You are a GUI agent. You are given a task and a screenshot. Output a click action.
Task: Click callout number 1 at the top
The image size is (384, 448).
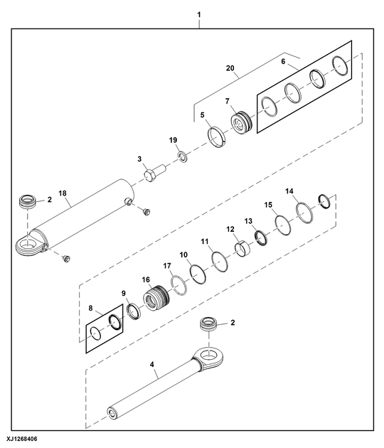(199, 14)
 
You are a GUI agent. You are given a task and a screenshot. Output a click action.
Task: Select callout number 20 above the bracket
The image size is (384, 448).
(230, 68)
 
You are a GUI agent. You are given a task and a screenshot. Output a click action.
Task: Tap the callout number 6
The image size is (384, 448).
(283, 62)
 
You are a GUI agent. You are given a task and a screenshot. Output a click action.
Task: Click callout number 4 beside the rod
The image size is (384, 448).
(151, 368)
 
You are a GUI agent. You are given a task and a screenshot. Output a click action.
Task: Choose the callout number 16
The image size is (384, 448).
(146, 279)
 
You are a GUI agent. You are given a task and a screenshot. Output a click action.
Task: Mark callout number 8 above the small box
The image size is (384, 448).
(91, 309)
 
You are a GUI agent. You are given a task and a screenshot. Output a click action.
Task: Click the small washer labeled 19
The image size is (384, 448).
(182, 155)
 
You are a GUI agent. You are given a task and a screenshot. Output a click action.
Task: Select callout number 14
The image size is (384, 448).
(289, 191)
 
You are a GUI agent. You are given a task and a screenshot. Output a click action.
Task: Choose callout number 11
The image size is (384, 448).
(204, 241)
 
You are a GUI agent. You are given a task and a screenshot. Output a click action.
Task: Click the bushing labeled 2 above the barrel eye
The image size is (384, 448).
(26, 202)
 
